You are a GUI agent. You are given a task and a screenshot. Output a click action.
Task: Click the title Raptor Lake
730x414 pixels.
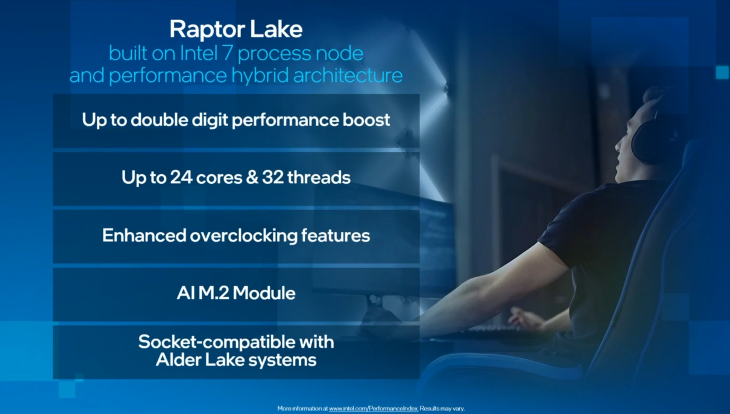coord(236,29)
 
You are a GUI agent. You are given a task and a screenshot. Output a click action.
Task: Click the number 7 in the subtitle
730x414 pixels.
coord(227,53)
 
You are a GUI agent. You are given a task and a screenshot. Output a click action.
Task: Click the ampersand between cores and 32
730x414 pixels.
coord(252,177)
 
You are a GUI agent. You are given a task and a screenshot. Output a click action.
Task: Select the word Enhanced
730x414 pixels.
coord(144,236)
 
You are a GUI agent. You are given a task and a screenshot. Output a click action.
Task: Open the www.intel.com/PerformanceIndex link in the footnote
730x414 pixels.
coord(373,409)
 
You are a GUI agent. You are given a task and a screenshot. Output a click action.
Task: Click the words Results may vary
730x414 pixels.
coord(442,409)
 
